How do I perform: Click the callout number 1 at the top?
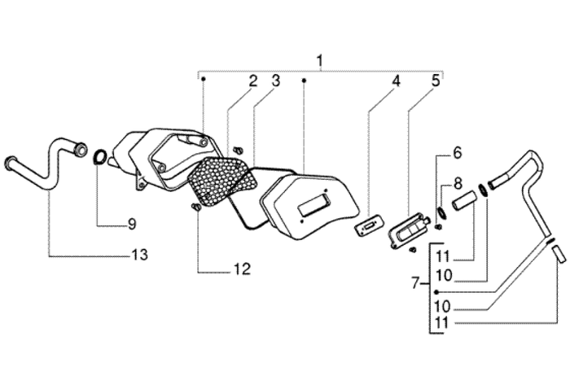320,60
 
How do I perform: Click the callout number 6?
457,153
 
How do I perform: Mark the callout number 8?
457,183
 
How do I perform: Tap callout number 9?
131,223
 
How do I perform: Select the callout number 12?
242,269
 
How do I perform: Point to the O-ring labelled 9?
99,156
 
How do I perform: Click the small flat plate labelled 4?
370,224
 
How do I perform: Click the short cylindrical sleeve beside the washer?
464,200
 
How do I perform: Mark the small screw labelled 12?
196,210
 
